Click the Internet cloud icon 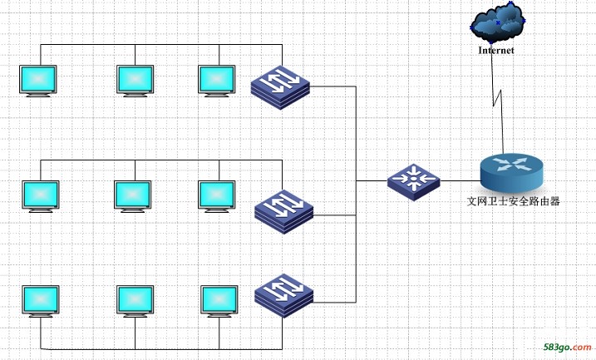[x=498, y=22]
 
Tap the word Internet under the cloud [x=496, y=50]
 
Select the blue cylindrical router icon [x=511, y=173]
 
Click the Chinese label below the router [x=513, y=201]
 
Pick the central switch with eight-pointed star [x=414, y=182]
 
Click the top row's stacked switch [x=280, y=87]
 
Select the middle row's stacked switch [x=284, y=212]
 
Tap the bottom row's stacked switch [x=284, y=295]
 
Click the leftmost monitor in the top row [x=38, y=81]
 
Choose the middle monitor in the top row [x=135, y=81]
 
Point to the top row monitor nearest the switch [x=217, y=81]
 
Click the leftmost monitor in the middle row [x=41, y=196]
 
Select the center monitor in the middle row [x=133, y=196]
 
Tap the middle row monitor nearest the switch [x=217, y=196]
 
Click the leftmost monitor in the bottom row [x=41, y=301]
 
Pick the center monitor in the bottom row [x=135, y=301]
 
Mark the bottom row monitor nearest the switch [x=219, y=301]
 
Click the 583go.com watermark [x=567, y=347]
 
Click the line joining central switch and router [x=461, y=181]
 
